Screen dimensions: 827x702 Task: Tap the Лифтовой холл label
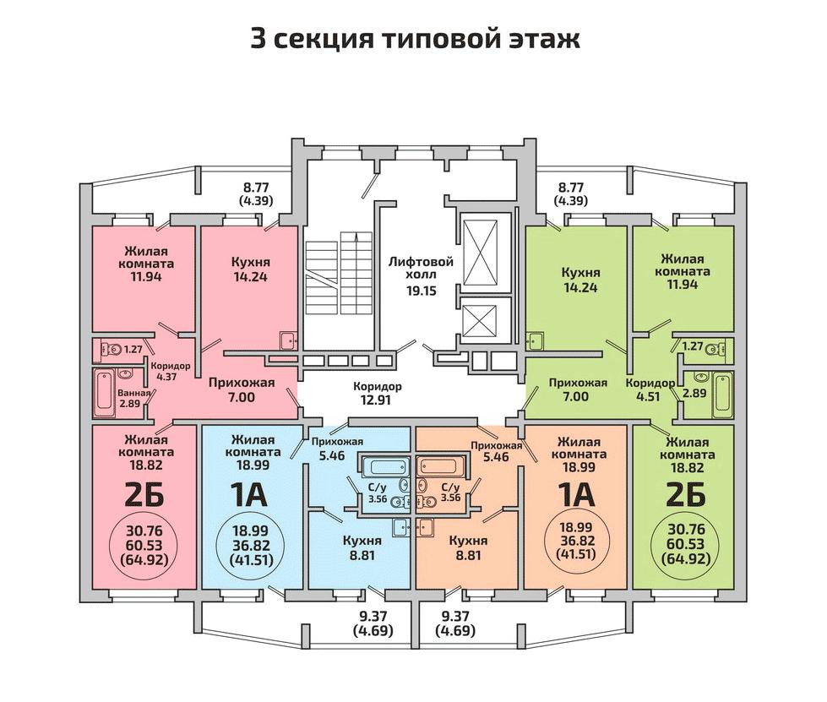[421, 269]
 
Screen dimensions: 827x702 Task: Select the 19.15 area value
[422, 291]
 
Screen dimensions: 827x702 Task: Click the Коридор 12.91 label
[377, 393]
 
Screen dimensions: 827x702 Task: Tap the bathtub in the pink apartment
[105, 392]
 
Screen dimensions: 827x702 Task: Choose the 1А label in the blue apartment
[251, 495]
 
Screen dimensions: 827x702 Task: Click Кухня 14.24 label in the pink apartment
[251, 269]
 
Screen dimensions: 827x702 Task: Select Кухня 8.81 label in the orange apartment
[468, 548]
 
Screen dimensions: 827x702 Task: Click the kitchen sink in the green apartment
[536, 341]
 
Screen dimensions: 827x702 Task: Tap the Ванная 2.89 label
[134, 398]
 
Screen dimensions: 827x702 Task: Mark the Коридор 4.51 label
[650, 389]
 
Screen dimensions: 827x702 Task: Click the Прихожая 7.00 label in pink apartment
[242, 389]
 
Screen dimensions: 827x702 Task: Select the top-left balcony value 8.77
[256, 187]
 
